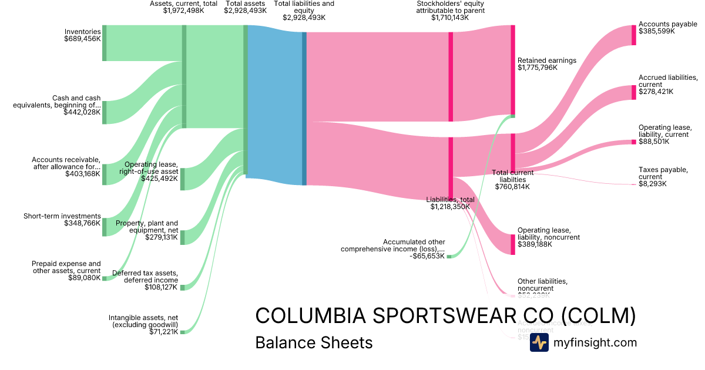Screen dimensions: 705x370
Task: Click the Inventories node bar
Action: (x=105, y=43)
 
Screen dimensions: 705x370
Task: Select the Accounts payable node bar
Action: (x=633, y=35)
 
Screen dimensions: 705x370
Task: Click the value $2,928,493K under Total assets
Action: (x=245, y=11)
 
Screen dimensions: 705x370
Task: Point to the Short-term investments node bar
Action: (x=105, y=227)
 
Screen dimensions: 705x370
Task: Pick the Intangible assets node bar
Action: (x=182, y=332)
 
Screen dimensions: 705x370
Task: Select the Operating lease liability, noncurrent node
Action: (x=513, y=244)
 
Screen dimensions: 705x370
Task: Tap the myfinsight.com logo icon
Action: (x=539, y=342)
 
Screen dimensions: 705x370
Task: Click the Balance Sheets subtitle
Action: (x=314, y=342)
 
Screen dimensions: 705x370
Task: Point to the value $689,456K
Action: (x=82, y=39)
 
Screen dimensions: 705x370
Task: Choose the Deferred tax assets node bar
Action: (x=182, y=287)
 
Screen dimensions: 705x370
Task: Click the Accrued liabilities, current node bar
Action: (x=633, y=92)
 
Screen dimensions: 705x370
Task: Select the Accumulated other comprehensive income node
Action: (x=449, y=257)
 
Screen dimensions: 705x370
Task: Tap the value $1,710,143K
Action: (x=450, y=18)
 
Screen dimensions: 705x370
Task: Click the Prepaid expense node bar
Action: (x=105, y=278)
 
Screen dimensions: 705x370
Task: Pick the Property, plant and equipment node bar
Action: (x=182, y=237)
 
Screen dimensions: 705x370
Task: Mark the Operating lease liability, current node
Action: (x=633, y=142)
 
